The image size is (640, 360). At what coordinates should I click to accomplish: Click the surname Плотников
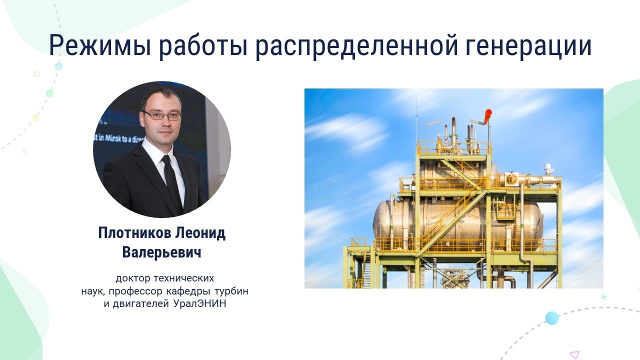pos(134,233)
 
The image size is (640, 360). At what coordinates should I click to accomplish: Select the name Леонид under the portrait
pos(200,233)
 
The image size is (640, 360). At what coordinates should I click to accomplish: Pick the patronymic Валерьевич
pos(161,252)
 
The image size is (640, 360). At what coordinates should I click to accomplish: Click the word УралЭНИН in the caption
pos(199,303)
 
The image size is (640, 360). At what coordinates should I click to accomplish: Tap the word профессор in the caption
pos(135,291)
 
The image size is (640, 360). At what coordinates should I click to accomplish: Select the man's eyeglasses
pos(162,115)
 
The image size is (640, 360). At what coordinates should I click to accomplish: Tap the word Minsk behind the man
pos(113,138)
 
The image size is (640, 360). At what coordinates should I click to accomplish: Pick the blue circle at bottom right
pos(552,318)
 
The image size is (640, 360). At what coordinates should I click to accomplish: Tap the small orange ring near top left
pos(36,74)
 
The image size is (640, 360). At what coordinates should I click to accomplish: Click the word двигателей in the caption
pos(141,304)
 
